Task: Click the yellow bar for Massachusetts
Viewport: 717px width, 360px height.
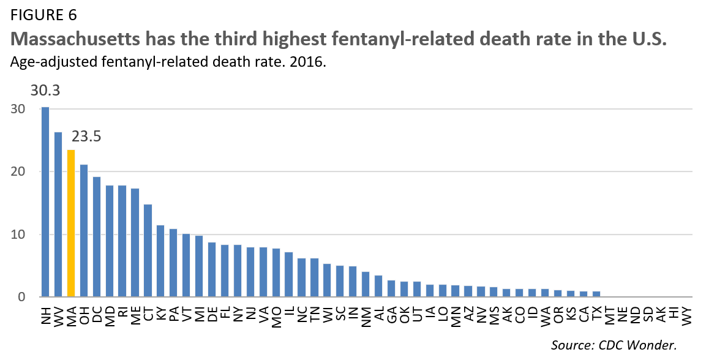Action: pos(71,223)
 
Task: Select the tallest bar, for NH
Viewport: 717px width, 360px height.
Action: pos(45,202)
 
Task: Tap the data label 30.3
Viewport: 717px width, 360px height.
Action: pos(45,91)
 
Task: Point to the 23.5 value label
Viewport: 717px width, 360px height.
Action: pos(86,136)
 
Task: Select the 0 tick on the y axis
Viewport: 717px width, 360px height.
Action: pos(20,298)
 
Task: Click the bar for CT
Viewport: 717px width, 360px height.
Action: pos(148,251)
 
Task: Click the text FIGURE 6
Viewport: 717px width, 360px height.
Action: pos(43,13)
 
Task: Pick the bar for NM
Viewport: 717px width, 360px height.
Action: pos(365,285)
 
